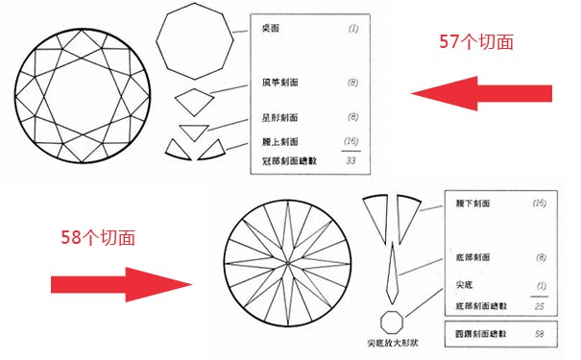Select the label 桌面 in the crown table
click(x=272, y=30)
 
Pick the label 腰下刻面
click(x=472, y=204)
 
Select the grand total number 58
click(x=539, y=333)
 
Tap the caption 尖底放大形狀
click(x=395, y=343)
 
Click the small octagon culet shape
click(x=393, y=320)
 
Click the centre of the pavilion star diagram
click(x=289, y=259)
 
